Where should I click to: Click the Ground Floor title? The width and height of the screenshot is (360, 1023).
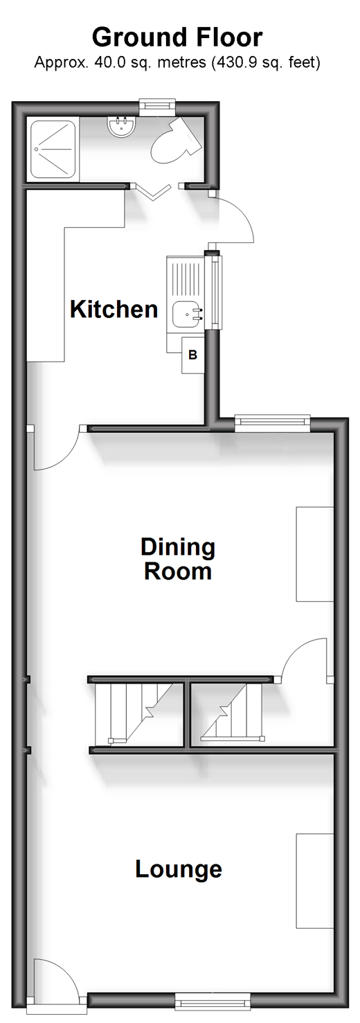[177, 37]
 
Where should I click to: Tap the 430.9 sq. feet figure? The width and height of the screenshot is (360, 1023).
[266, 62]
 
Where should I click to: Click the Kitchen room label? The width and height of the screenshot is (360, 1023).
[114, 309]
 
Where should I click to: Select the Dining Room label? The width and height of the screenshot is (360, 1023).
[177, 559]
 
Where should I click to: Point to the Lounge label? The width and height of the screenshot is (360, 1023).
[179, 869]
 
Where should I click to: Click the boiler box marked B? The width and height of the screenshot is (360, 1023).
[193, 355]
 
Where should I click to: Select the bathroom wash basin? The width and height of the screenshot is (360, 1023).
[120, 125]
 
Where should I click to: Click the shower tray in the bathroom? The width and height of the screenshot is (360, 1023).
[53, 149]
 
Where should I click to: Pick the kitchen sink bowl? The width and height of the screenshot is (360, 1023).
[187, 314]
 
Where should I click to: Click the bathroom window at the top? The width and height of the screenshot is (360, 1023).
[157, 107]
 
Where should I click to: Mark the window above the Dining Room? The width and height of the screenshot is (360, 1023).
[272, 423]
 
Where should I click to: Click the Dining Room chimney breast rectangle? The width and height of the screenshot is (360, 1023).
[315, 553]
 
